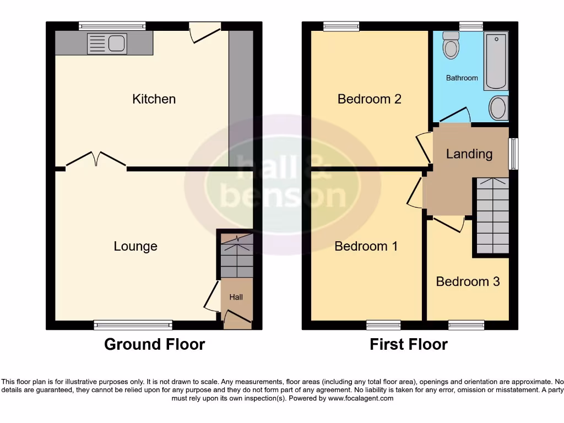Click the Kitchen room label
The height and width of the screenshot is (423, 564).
154,99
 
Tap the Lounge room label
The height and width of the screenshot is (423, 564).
135,246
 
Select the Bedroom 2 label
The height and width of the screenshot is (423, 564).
369,99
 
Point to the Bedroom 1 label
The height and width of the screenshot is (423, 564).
366,246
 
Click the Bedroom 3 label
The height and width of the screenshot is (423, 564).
468,281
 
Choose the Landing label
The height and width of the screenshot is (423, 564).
469,154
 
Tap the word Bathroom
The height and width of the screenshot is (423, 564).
462,78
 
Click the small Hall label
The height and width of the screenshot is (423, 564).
236,297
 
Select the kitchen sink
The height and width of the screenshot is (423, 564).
107,44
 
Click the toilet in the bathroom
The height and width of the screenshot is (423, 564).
451,45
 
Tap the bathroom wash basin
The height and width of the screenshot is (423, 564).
498,108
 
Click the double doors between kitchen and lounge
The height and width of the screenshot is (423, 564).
96,160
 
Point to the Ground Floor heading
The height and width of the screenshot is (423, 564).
154,345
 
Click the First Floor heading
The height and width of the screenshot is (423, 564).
408,345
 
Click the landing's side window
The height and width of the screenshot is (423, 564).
513,154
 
